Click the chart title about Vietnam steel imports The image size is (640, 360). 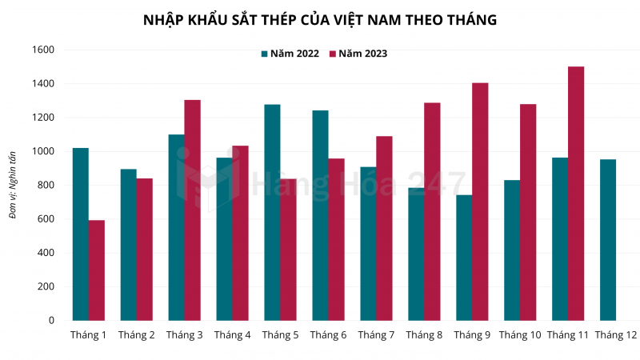click(319, 19)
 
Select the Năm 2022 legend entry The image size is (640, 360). click(289, 54)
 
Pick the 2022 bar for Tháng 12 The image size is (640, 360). click(608, 240)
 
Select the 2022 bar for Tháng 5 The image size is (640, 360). click(272, 213)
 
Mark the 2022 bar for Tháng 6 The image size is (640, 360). click(320, 215)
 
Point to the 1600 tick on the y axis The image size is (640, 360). click(44, 50)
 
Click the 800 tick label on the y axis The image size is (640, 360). click(46, 185)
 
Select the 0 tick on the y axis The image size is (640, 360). click(51, 320)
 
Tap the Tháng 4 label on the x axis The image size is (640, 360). click(232, 334)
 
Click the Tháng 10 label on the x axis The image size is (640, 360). click(520, 334)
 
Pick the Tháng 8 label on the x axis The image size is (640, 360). click(424, 334)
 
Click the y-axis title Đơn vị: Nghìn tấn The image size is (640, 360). click(13, 184)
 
